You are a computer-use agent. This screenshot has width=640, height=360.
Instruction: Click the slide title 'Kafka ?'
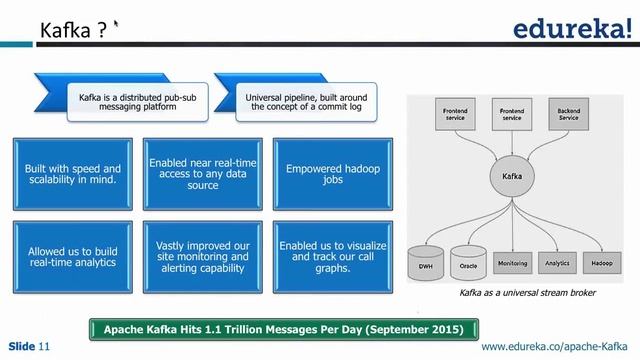73,33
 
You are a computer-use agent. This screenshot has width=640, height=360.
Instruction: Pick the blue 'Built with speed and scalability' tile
72,176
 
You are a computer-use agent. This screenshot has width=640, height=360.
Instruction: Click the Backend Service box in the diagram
569,113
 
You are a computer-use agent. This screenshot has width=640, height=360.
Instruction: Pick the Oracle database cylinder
469,264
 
